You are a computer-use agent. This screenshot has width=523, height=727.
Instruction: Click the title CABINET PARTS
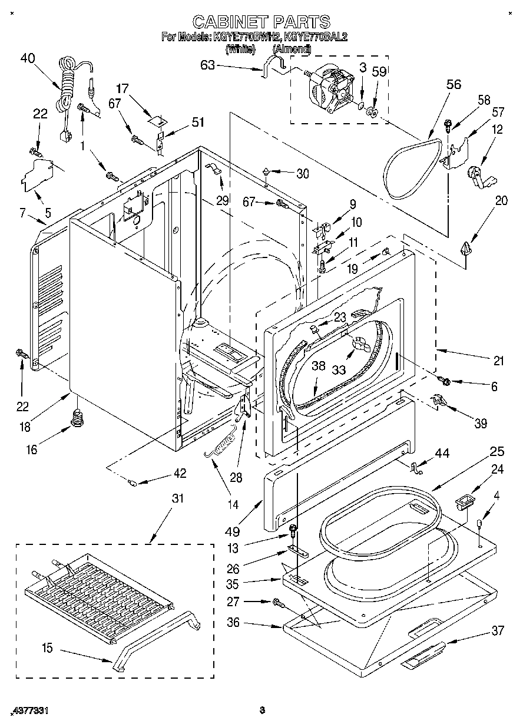pos(261,22)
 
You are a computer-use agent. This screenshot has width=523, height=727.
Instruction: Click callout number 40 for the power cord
pos(28,58)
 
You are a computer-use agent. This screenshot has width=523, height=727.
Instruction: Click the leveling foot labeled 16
pos(76,419)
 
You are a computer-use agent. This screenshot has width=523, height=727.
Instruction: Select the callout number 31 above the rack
pos(177,498)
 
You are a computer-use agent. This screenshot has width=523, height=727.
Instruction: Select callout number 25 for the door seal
pos(496,452)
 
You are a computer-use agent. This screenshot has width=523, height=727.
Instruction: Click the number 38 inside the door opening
pos(318,366)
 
